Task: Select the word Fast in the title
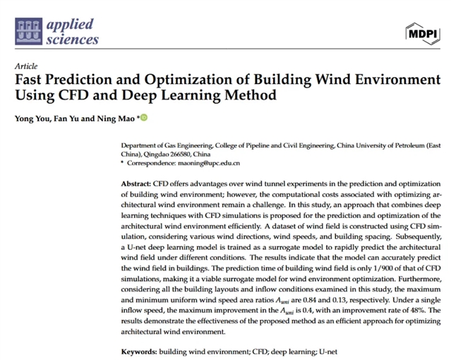30,78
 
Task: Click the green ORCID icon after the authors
144,117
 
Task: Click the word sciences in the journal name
73,40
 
